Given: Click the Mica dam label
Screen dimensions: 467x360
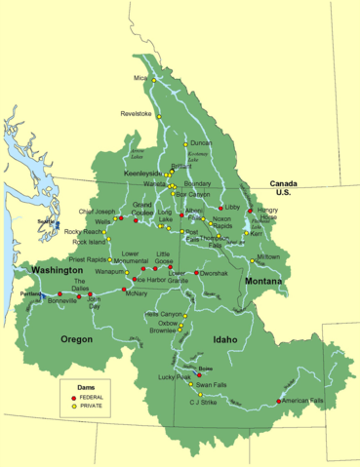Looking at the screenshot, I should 140,78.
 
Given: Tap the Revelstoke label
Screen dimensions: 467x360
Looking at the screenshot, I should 137,113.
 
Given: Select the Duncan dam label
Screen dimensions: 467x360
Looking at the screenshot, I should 201,143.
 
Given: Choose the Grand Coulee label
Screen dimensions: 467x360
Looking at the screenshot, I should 144,209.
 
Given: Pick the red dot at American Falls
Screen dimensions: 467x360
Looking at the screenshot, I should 279,402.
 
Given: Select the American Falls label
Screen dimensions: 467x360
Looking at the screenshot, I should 301,402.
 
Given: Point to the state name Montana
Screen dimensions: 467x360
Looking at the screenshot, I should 263,281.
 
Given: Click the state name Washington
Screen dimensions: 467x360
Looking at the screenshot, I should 56,269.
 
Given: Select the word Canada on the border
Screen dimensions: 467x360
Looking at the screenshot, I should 283,183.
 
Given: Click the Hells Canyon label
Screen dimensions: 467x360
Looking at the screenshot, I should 163,315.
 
